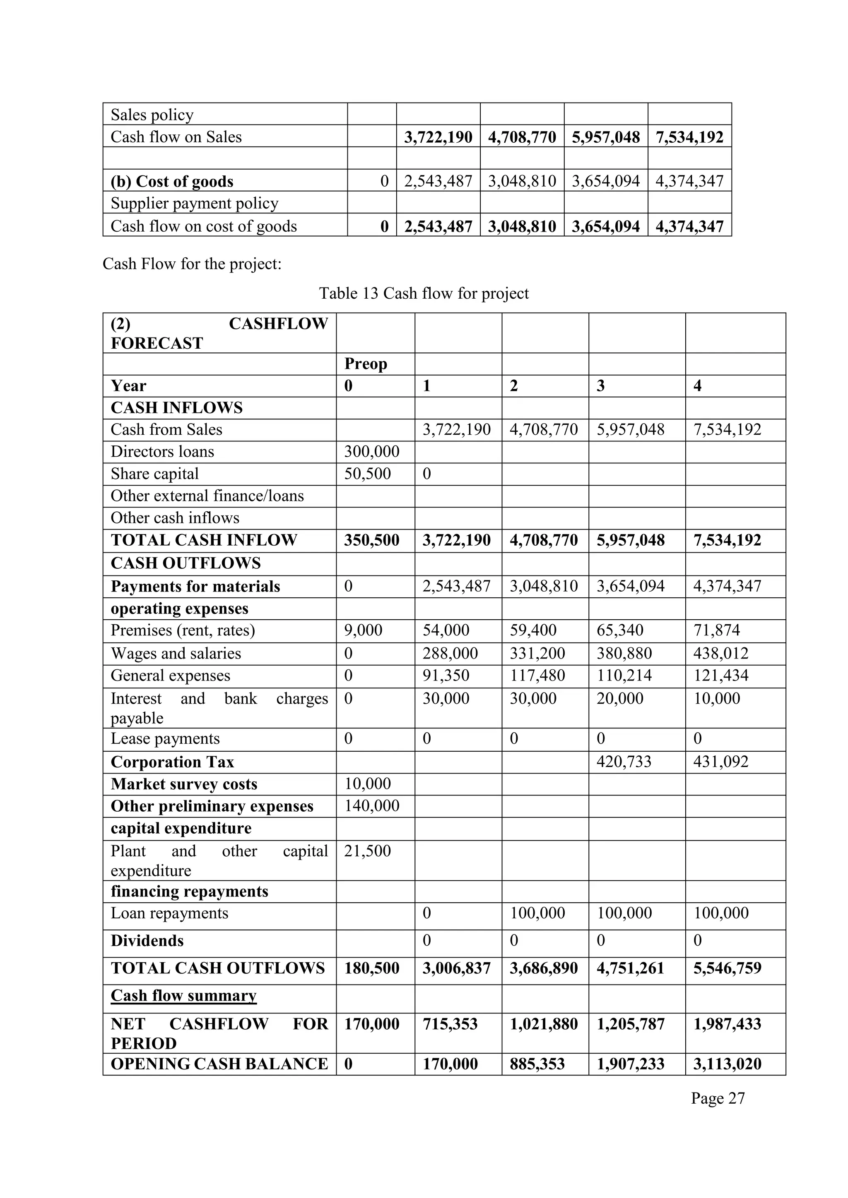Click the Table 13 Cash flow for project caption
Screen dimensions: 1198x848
point(424,293)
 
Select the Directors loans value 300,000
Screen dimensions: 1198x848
point(371,451)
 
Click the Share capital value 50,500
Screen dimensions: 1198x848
point(367,474)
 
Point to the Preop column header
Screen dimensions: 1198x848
point(366,364)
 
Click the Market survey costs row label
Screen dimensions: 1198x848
point(184,784)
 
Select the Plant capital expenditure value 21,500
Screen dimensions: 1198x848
point(367,851)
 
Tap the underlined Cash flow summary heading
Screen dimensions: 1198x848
point(183,996)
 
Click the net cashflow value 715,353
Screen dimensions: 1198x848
point(450,1024)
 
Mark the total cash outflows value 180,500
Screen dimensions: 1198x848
point(371,968)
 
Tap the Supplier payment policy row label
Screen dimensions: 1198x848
point(194,203)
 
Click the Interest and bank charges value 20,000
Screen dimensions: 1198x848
point(620,698)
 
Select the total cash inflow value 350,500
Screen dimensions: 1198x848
point(371,540)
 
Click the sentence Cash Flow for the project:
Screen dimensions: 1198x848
point(192,264)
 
